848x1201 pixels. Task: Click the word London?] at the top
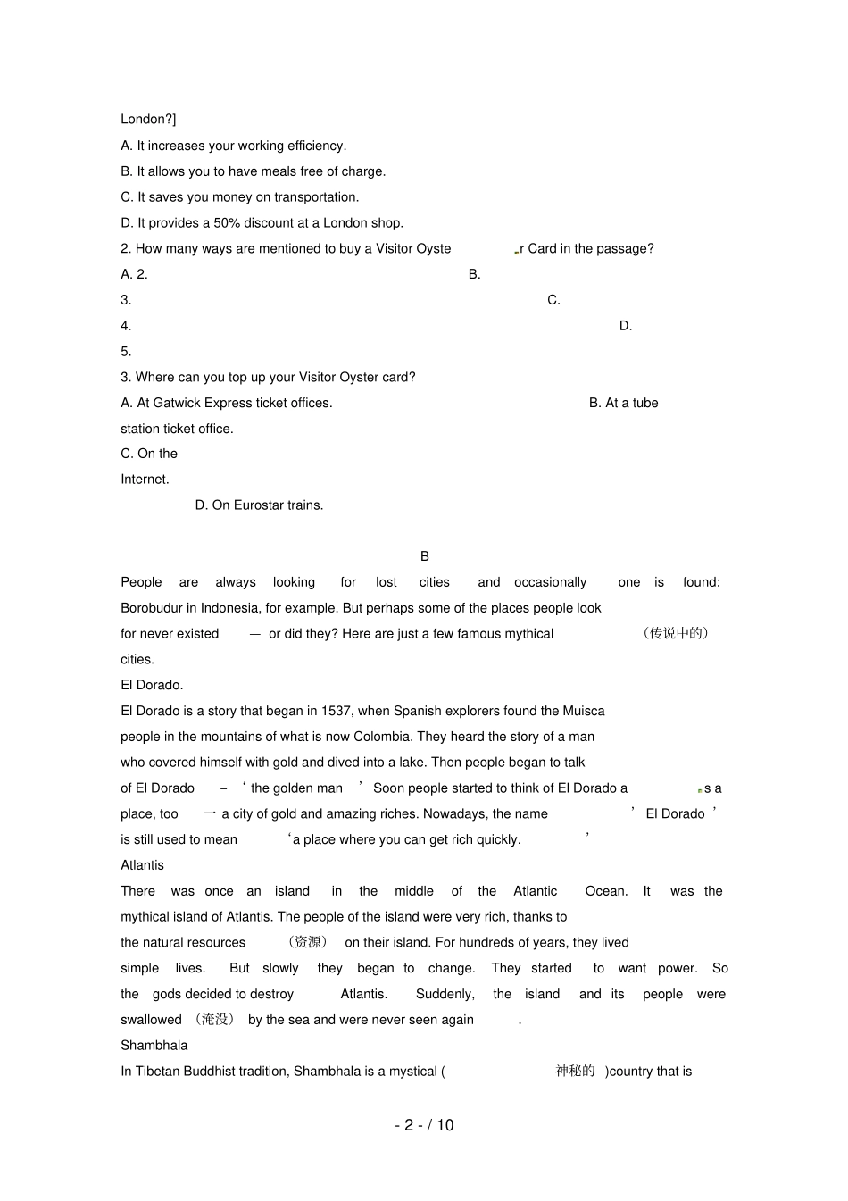[148, 120]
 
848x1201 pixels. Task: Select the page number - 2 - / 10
[424, 1125]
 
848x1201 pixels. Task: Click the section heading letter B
[425, 556]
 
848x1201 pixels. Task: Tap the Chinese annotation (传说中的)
[676, 633]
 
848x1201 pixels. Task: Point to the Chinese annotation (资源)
[308, 942]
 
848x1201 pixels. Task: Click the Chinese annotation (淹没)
[214, 1020]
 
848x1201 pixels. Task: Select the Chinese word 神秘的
[575, 1072]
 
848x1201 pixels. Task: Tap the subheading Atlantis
[143, 865]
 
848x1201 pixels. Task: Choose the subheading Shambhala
[154, 1046]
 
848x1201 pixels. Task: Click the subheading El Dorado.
[152, 686]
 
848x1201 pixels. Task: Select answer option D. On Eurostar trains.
[259, 505]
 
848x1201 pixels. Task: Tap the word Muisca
[584, 712]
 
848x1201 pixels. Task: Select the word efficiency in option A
[314, 146]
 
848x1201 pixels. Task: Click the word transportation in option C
[316, 197]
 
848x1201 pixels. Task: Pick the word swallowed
[152, 1020]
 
